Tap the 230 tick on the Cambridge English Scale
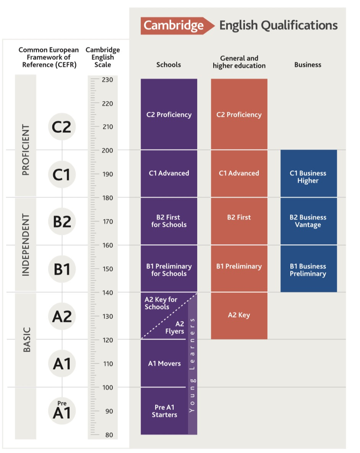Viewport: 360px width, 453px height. coord(108,80)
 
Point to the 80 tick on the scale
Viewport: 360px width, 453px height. coord(108,435)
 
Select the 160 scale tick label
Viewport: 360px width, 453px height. coord(108,245)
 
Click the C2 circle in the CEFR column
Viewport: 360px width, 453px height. coord(62,127)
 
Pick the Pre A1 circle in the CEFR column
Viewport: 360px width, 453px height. coord(62,410)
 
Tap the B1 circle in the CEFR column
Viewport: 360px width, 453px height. coord(62,269)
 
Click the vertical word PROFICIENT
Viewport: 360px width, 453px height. coord(26,150)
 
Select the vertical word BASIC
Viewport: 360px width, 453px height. coord(26,339)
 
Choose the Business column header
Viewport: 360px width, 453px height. coord(308,65)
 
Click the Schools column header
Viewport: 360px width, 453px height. coord(168,65)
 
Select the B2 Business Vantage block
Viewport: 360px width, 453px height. coord(308,221)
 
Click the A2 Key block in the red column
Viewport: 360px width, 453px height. coord(239,315)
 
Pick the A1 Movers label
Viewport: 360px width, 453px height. coord(164,363)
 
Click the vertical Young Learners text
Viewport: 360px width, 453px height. coord(193,364)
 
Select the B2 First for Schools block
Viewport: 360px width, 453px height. coord(169,221)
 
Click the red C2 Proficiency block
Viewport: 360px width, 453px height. coord(239,115)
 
